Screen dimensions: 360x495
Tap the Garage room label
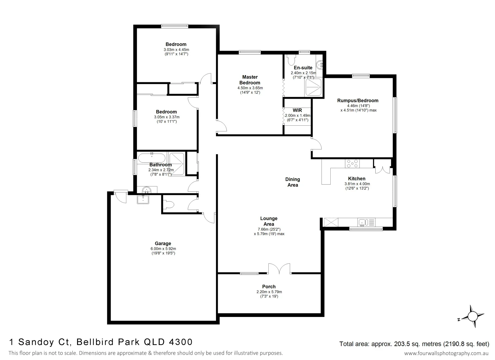pyautogui.click(x=163, y=243)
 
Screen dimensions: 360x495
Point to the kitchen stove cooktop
pyautogui.click(x=352, y=164)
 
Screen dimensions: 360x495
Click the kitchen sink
pyautogui.click(x=363, y=222)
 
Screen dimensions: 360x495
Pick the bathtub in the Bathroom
pyautogui.click(x=152, y=158)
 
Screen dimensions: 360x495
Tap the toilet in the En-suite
pyautogui.click(x=291, y=60)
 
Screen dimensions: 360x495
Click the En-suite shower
pyautogui.click(x=313, y=87)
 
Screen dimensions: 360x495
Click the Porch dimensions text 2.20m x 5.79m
pyautogui.click(x=269, y=292)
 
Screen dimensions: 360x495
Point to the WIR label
pyautogui.click(x=297, y=110)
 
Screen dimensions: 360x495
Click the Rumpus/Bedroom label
pyautogui.click(x=358, y=100)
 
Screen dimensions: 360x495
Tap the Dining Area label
pyautogui.click(x=292, y=182)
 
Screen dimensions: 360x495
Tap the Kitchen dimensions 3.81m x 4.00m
pyautogui.click(x=357, y=184)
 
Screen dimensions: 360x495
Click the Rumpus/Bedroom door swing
pyautogui.click(x=317, y=144)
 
